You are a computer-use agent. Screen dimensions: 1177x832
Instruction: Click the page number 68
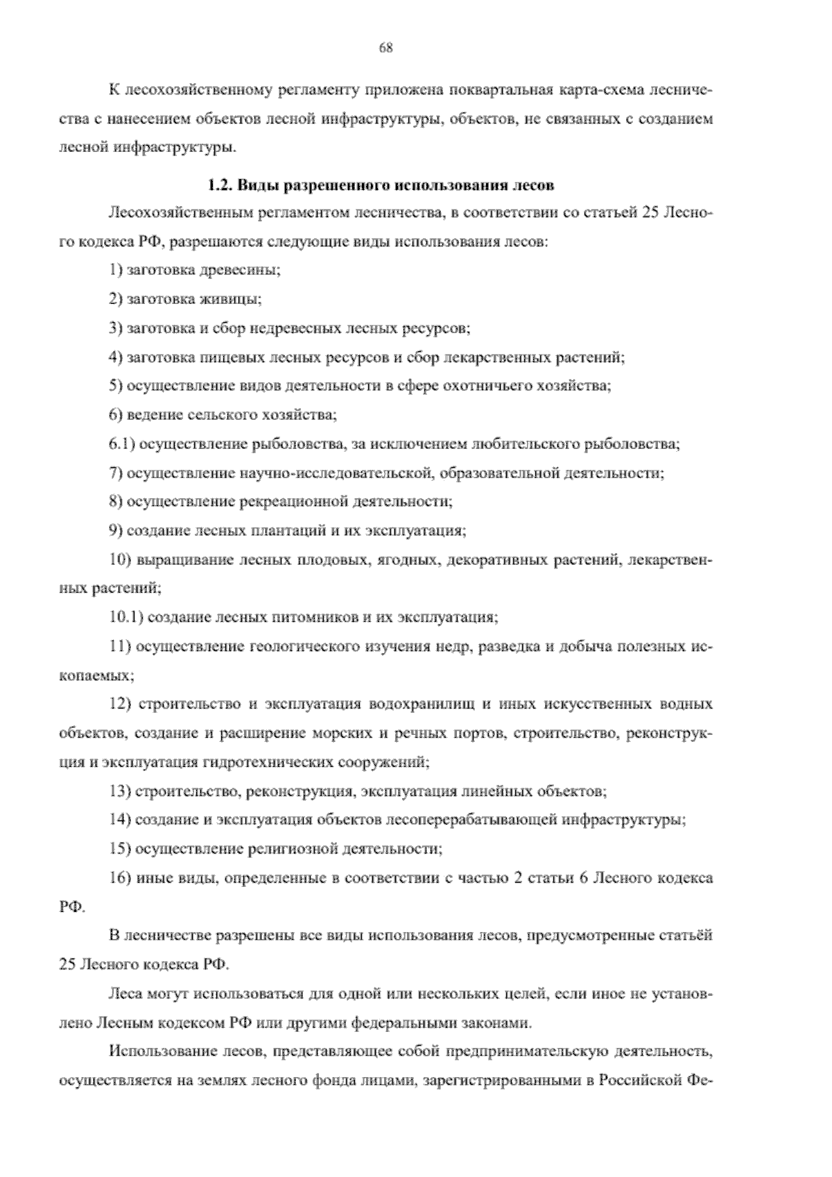pyautogui.click(x=386, y=47)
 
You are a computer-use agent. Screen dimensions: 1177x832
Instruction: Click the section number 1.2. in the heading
pyautogui.click(x=222, y=186)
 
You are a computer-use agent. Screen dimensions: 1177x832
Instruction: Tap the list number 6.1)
pyautogui.click(x=122, y=444)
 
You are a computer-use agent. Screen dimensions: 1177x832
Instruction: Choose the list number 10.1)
pyautogui.click(x=125, y=617)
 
